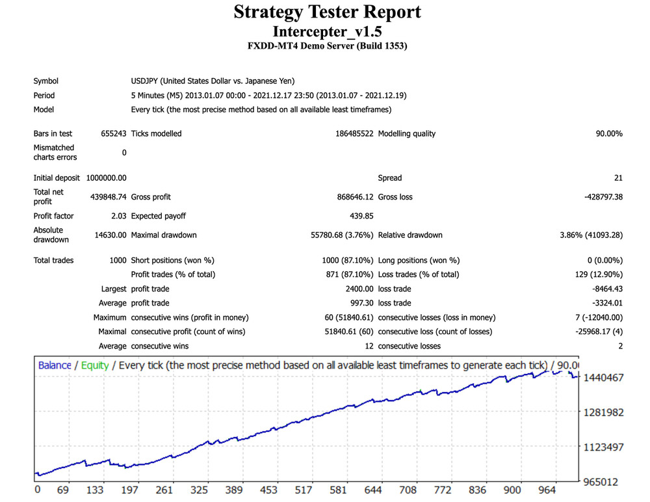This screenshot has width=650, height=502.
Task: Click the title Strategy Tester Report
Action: coord(327,12)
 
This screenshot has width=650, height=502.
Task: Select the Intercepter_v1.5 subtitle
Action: coord(327,31)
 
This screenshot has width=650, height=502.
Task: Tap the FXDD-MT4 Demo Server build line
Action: coord(327,46)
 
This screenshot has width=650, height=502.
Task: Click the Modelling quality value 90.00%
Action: coord(608,134)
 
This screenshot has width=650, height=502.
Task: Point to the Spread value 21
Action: coord(618,178)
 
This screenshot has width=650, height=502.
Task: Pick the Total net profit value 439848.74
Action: coord(108,197)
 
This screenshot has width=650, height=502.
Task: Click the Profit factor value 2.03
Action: coord(118,216)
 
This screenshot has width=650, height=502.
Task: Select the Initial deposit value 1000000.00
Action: coord(106,178)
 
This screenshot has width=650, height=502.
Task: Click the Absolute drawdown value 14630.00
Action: coord(110,235)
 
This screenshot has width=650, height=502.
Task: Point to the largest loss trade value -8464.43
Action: coord(606,289)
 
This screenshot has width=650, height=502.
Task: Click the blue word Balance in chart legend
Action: coord(55,365)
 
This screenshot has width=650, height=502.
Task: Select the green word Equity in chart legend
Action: coord(95,365)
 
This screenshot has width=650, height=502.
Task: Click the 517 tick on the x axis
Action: coord(304,490)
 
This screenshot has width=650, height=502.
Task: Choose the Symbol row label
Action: coord(45,81)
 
